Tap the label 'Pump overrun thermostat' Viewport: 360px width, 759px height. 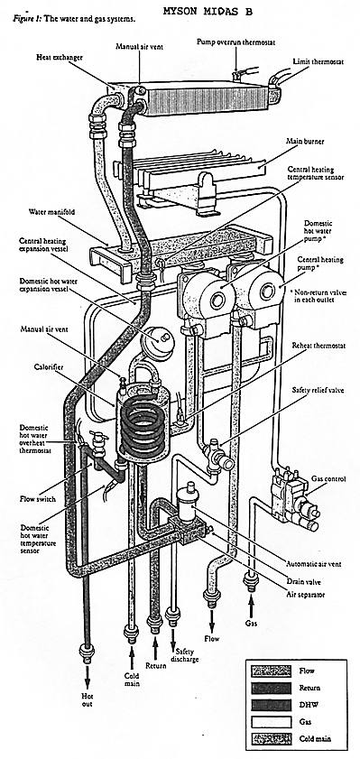click(x=235, y=42)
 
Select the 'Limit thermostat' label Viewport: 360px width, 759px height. click(x=318, y=62)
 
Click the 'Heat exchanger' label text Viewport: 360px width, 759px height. click(x=60, y=57)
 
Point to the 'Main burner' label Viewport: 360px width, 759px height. click(x=306, y=142)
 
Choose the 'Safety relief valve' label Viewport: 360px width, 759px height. click(x=318, y=390)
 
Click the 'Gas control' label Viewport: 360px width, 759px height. click(x=328, y=478)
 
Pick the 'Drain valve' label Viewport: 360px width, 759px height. click(x=303, y=582)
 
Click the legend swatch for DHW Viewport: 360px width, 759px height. click(x=271, y=705)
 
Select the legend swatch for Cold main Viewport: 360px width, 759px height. click(x=271, y=739)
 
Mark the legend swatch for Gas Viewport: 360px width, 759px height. click(x=271, y=722)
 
